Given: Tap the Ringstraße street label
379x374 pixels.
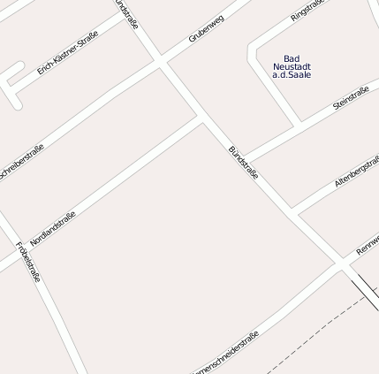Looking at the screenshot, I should pyautogui.click(x=307, y=10).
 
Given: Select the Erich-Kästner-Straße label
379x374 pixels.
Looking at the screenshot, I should pyautogui.click(x=67, y=54).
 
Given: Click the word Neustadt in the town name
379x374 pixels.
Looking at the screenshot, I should pyautogui.click(x=292, y=67).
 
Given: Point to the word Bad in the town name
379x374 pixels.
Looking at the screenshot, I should pyautogui.click(x=292, y=58).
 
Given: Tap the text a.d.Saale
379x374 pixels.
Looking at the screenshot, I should pyautogui.click(x=292, y=75).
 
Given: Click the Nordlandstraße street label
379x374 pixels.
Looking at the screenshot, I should pyautogui.click(x=53, y=227).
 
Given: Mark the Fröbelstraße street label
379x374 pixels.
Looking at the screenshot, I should pyautogui.click(x=29, y=263).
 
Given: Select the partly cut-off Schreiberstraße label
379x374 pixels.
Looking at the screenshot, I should pyautogui.click(x=19, y=164).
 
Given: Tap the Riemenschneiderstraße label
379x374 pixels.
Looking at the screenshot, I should pyautogui.click(x=225, y=354).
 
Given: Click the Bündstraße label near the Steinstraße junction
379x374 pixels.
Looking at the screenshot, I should pyautogui.click(x=243, y=164).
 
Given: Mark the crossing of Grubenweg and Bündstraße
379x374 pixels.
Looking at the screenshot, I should pyautogui.click(x=162, y=62).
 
